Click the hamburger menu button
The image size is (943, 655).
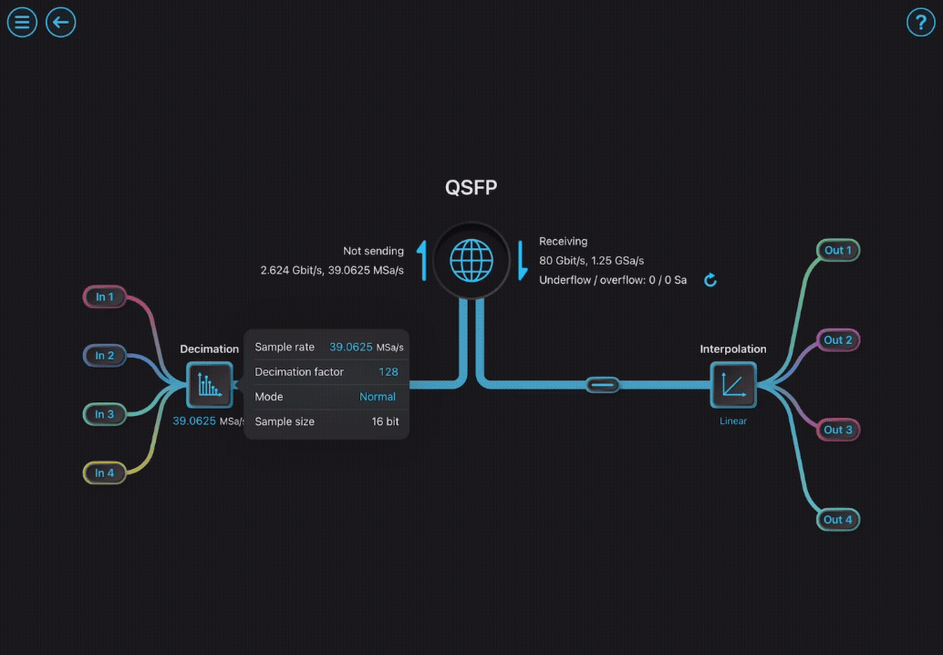[x=22, y=22]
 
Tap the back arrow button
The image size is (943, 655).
[x=61, y=22]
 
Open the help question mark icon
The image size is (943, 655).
[x=921, y=22]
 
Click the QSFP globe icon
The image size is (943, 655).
[x=471, y=260]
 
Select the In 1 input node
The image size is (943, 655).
[x=105, y=297]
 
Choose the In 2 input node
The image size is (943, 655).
[x=105, y=356]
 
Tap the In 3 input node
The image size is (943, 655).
[x=105, y=414]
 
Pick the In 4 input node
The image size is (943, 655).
[x=105, y=473]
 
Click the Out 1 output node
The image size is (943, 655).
[x=838, y=251]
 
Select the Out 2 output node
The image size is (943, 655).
[x=838, y=340]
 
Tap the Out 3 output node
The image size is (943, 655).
[x=838, y=430]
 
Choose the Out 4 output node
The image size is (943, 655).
[x=838, y=520]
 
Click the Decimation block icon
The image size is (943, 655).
[x=210, y=385]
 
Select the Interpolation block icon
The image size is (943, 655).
[x=733, y=385]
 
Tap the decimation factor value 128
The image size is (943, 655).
[x=389, y=371]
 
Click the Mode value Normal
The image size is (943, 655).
[x=378, y=397]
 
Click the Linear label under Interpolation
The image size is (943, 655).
[x=733, y=421]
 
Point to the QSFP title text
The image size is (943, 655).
[x=471, y=188]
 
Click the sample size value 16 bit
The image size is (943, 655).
[x=385, y=421]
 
